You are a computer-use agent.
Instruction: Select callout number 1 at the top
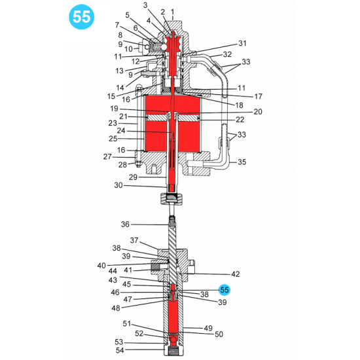pos(172,12)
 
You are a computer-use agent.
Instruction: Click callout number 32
pos(227,54)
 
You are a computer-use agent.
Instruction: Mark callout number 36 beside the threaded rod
pos(126,224)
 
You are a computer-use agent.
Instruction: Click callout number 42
pos(217,274)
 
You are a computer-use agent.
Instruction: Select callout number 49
pos(209,328)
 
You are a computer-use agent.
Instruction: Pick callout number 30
pos(118,186)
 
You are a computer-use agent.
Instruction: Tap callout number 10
pos(128,49)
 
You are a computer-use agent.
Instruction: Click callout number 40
pos(101,265)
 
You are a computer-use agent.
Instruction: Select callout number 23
pos(112,122)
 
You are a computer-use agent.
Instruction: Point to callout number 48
pos(116,308)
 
